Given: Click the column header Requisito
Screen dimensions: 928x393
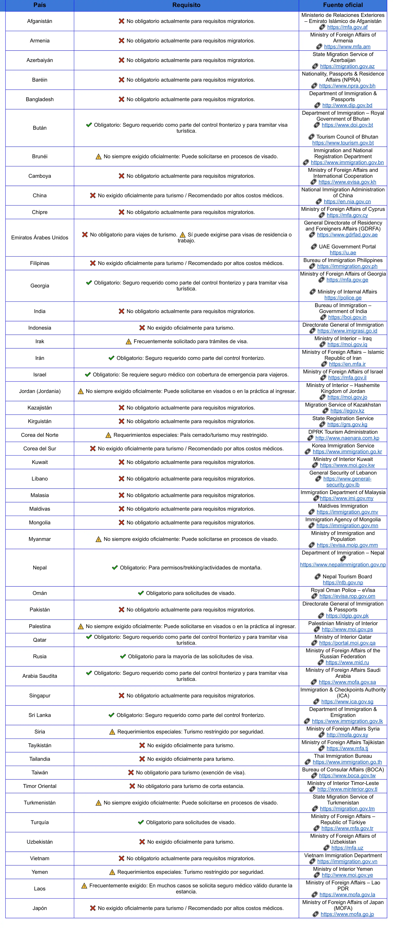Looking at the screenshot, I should tap(186, 5).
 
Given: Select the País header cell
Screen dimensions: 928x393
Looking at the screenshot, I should tap(40, 5).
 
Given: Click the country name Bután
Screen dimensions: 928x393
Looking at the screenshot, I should tap(40, 128).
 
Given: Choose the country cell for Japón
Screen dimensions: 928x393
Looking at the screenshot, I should tap(40, 908).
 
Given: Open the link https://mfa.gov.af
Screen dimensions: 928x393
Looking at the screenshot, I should tap(347, 27).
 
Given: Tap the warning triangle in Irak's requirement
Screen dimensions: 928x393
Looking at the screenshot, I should tap(128, 341).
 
